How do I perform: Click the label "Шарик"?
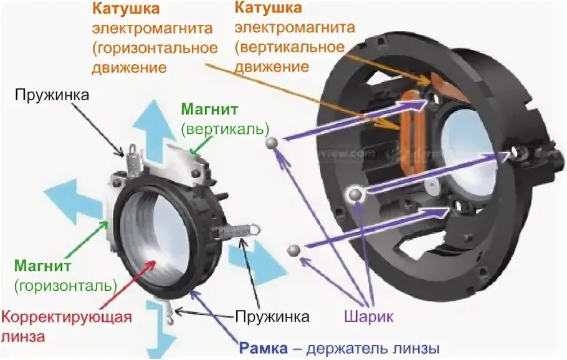pyautogui.click(x=368, y=316)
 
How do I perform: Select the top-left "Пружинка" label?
pyautogui.click(x=53, y=95)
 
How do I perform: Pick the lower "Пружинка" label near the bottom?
pyautogui.click(x=272, y=316)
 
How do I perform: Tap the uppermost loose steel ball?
pyautogui.click(x=272, y=143)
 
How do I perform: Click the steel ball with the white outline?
pyautogui.click(x=356, y=196)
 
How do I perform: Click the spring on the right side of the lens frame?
pyautogui.click(x=236, y=232)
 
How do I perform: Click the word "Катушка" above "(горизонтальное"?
pyautogui.click(x=125, y=9)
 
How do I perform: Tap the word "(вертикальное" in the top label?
pyautogui.click(x=289, y=47)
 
